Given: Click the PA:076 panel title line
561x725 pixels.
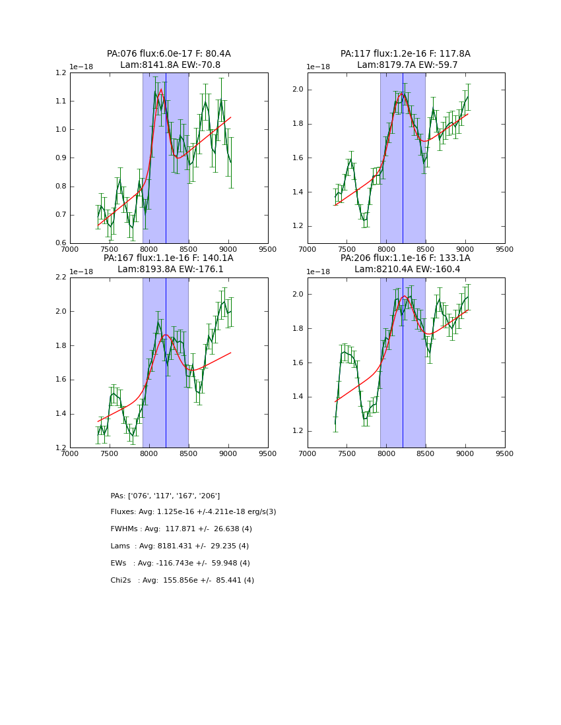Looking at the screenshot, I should (168, 54).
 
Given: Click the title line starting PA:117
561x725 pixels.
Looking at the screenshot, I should (405, 54).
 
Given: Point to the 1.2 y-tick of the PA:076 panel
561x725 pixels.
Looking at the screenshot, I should (60, 73).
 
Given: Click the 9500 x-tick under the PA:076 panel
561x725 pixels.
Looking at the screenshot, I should (267, 250).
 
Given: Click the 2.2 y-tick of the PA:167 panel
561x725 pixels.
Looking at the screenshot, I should (60, 277).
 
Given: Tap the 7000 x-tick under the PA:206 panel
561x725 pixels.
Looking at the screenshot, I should (307, 454).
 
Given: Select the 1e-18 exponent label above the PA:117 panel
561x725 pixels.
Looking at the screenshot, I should (318, 67).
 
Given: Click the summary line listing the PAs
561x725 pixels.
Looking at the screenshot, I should (165, 496).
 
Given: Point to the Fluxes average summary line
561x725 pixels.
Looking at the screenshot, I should (193, 512).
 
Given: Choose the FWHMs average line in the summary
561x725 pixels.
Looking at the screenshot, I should (181, 529).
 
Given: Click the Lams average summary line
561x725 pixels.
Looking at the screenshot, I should (180, 546).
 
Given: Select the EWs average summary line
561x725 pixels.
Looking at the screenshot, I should (180, 564).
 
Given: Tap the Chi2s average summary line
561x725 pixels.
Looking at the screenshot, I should (182, 581).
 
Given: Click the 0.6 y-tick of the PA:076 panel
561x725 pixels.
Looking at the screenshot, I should (60, 243).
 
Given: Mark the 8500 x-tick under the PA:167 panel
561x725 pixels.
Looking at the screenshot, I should (188, 454).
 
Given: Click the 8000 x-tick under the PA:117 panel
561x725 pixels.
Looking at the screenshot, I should (386, 250).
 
